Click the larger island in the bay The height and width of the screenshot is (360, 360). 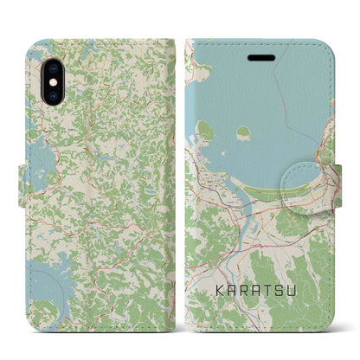pos(206,131)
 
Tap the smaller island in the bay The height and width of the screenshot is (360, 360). pos(243,133)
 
